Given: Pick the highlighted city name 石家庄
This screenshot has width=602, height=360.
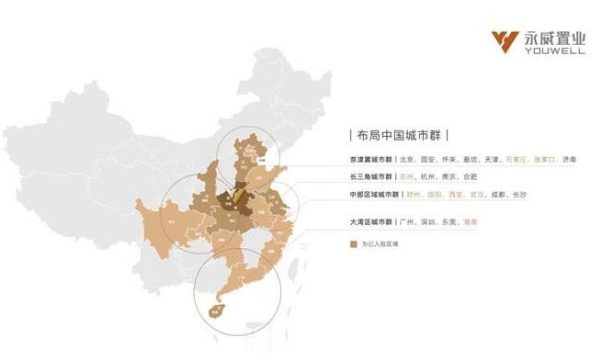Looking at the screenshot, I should coord(516,160).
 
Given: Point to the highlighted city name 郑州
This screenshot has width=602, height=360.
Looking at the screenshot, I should coord(416,195).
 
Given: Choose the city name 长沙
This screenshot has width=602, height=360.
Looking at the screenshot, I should coord(519,195).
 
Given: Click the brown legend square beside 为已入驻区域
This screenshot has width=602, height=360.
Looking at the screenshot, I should coord(354,244).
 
